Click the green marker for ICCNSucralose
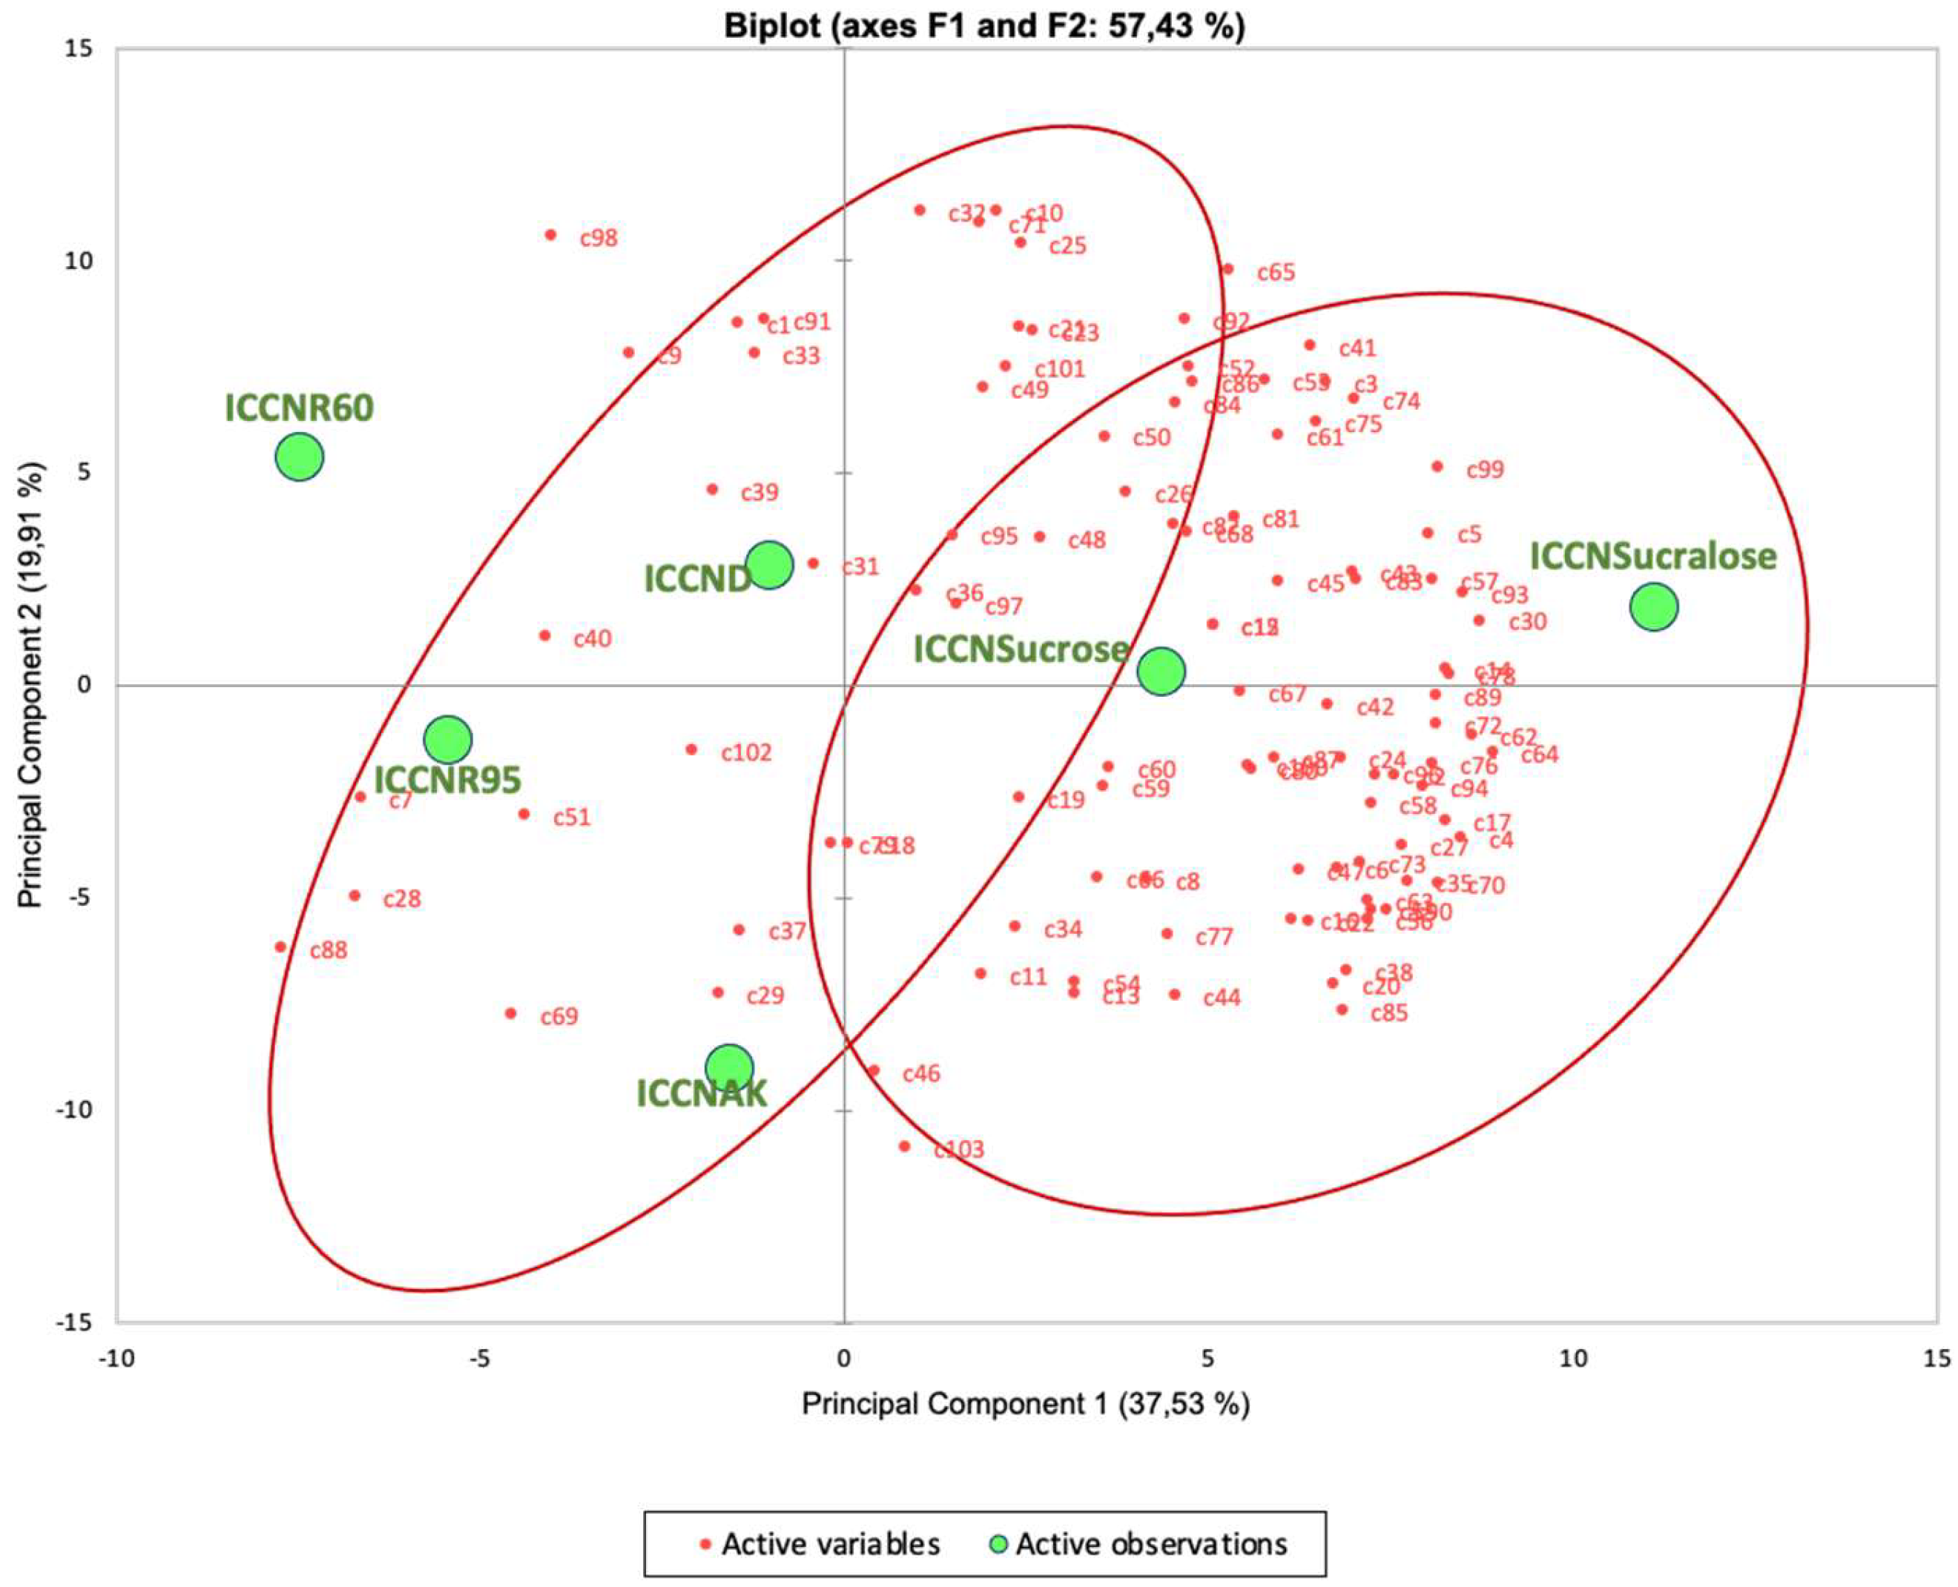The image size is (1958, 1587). [1653, 607]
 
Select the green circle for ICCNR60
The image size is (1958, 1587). [299, 456]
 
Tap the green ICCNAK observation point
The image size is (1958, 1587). [729, 1067]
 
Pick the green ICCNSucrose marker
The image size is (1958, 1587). [1161, 671]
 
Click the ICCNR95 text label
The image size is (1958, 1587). [447, 780]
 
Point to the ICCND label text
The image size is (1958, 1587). [697, 579]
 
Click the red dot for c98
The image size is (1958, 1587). [550, 235]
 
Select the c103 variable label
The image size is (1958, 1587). [958, 1149]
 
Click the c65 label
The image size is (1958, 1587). [1276, 273]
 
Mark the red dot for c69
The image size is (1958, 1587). [510, 1013]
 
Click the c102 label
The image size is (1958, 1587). [746, 752]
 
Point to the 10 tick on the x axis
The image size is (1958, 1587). [1572, 1359]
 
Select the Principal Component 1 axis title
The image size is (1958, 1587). [1025, 1403]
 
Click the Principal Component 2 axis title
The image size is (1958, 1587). [32, 685]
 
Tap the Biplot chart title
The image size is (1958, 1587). [984, 26]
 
